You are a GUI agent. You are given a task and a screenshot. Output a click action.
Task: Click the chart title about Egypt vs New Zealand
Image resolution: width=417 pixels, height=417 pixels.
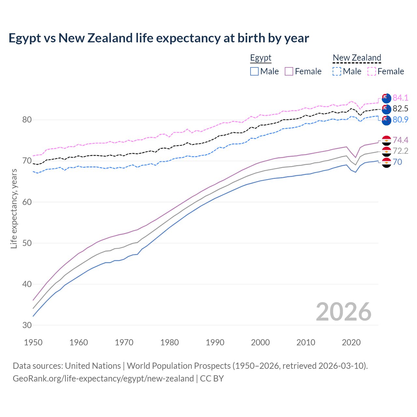[x=159, y=38]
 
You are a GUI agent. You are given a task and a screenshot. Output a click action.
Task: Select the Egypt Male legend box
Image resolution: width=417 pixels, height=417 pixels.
[x=254, y=71]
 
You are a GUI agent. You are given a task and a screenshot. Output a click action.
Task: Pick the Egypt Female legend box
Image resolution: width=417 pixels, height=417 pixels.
[x=289, y=71]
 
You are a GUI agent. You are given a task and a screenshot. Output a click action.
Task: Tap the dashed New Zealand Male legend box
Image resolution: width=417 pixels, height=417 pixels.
[x=337, y=71]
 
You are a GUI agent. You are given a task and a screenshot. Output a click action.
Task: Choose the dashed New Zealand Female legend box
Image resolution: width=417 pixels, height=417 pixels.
[x=372, y=71]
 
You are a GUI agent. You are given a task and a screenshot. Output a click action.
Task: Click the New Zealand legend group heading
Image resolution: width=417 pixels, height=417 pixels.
[x=357, y=58]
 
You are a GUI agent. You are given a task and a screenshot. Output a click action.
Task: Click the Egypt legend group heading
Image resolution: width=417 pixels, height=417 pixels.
[x=261, y=58]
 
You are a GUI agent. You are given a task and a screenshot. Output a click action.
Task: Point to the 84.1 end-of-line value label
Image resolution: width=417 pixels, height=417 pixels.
[x=400, y=98]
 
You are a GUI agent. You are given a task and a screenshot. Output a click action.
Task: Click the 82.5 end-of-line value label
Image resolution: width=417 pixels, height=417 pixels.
[x=400, y=108]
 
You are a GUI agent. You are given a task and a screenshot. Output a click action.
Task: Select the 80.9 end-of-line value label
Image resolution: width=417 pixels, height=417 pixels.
[x=400, y=120]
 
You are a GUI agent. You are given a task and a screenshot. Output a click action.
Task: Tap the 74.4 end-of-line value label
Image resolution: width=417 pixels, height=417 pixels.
[x=400, y=140]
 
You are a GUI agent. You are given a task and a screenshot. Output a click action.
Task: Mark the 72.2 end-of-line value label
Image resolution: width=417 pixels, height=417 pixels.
[x=400, y=151]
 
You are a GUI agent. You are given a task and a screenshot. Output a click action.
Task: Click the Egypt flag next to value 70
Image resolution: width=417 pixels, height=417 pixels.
[x=386, y=163]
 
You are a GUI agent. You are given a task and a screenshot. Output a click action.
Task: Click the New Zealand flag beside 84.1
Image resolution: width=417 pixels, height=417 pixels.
[x=386, y=98]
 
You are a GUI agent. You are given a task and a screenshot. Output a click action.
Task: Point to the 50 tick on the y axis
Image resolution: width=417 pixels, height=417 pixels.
[x=27, y=243]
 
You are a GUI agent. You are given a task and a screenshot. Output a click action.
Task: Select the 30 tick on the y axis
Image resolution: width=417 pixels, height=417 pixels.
[x=27, y=325]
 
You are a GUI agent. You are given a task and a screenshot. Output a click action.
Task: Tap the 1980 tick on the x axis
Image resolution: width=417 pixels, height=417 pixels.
[x=169, y=342]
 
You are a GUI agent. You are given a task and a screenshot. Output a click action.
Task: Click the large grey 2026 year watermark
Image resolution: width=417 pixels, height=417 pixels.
[x=343, y=312]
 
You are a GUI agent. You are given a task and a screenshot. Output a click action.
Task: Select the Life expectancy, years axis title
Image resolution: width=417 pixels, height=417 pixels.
[x=14, y=208]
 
